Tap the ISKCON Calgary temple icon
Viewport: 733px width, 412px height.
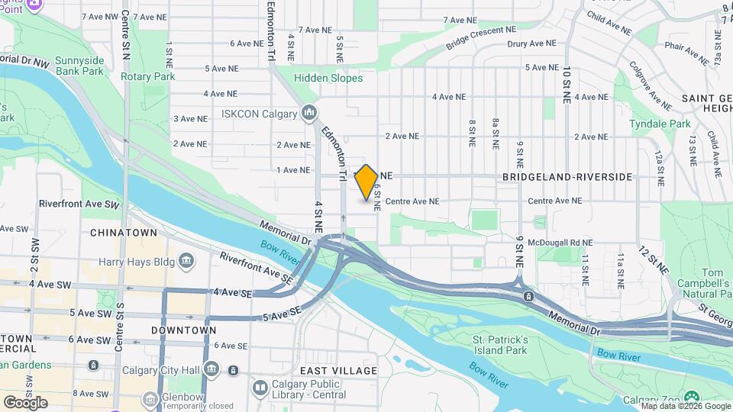click(309, 114)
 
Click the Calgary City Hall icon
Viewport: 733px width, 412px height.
click(212, 371)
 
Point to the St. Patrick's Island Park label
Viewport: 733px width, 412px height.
click(499, 345)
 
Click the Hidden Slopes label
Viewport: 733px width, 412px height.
click(330, 78)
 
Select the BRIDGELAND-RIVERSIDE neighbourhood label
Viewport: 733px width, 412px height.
click(567, 177)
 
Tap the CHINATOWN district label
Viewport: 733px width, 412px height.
click(124, 233)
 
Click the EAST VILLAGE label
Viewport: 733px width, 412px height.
click(338, 371)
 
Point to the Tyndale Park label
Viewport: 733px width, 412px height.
click(660, 124)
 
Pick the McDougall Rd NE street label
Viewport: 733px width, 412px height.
click(564, 243)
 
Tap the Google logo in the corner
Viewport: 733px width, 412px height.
click(25, 402)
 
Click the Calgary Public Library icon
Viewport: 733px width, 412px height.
click(260, 388)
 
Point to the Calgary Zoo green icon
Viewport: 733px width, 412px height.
click(691, 397)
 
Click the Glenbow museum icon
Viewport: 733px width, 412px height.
click(150, 398)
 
